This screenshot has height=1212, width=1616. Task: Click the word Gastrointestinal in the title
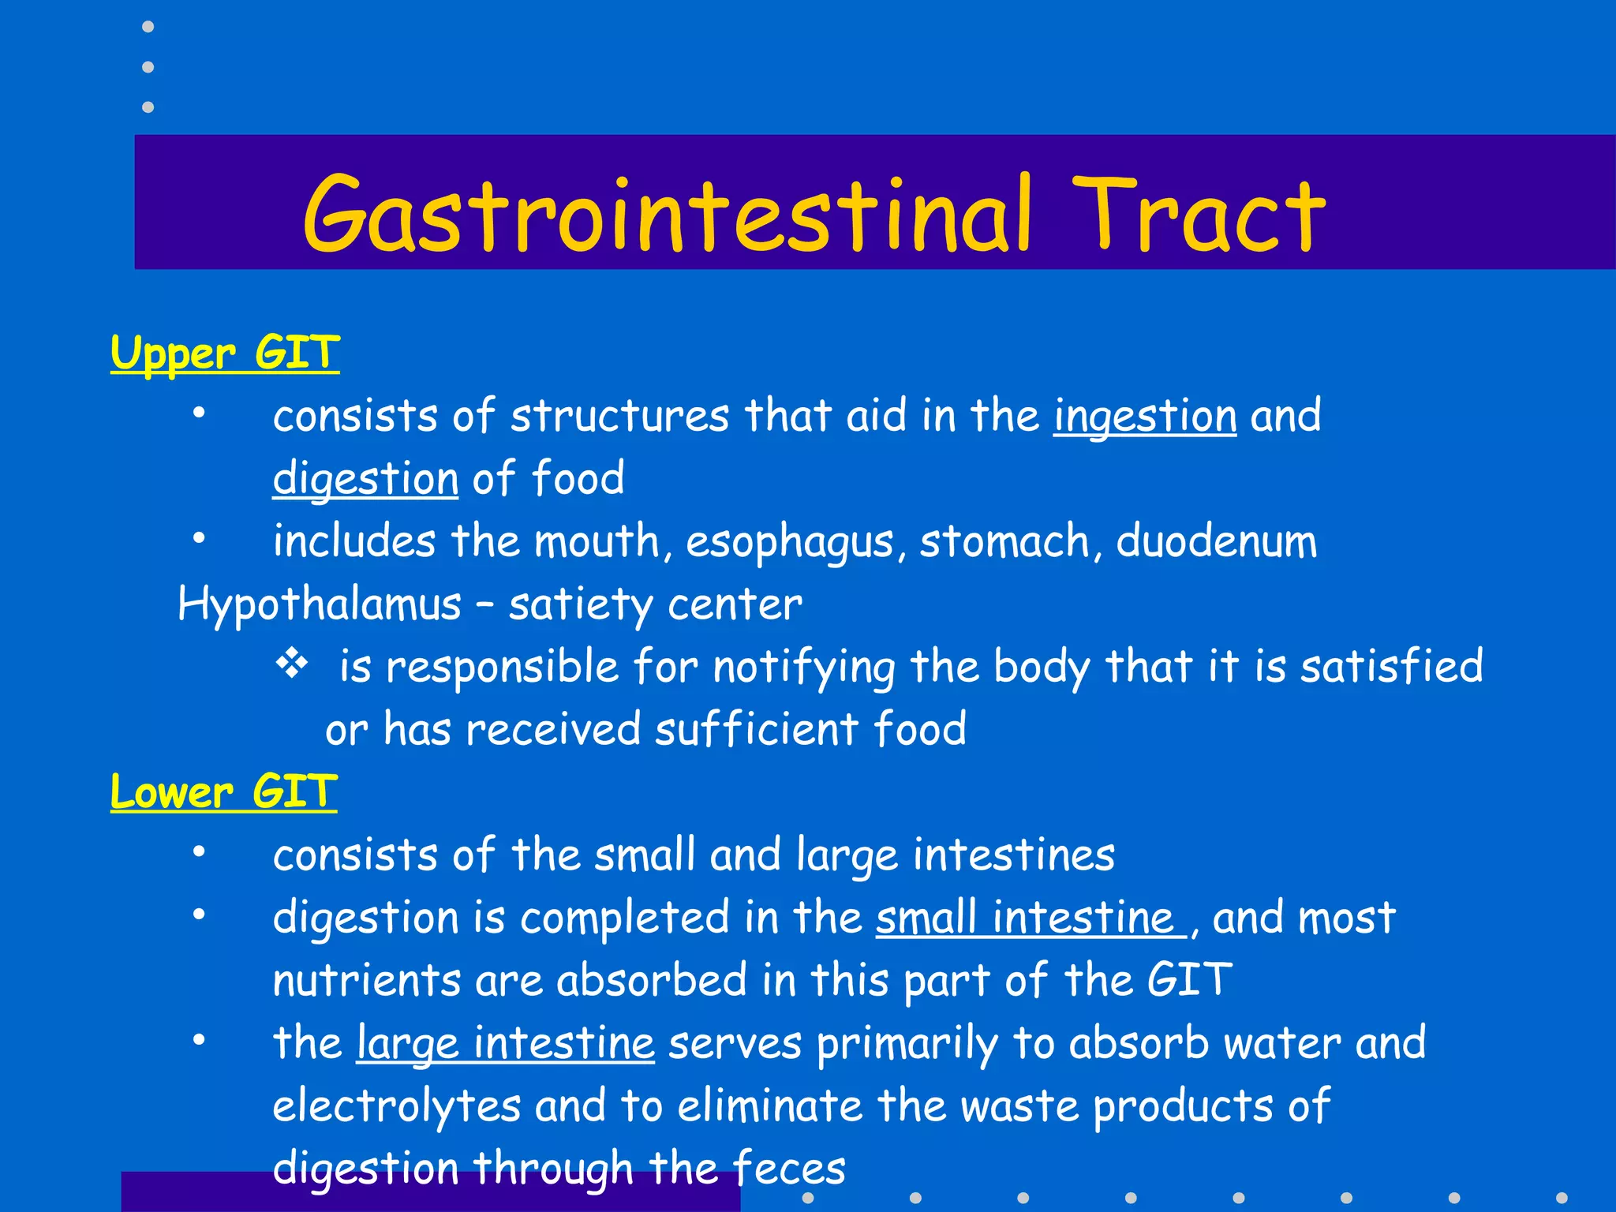click(x=667, y=215)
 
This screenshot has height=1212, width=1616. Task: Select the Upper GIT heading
click(x=225, y=353)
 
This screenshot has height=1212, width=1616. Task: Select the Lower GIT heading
click(x=224, y=791)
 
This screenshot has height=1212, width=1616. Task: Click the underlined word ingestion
click(x=1144, y=417)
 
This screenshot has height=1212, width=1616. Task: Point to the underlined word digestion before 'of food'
click(x=365, y=479)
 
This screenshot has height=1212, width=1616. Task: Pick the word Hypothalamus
click(x=320, y=605)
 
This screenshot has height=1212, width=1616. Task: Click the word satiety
click(x=580, y=605)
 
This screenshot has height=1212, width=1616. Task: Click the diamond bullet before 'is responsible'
click(x=292, y=664)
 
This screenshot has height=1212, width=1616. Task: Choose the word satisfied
click(x=1392, y=666)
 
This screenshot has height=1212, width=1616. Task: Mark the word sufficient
click(x=756, y=728)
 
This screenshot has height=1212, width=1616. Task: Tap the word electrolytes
click(x=397, y=1105)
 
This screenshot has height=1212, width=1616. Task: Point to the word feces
click(x=788, y=1169)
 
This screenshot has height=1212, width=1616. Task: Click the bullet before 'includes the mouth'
click(x=199, y=538)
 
